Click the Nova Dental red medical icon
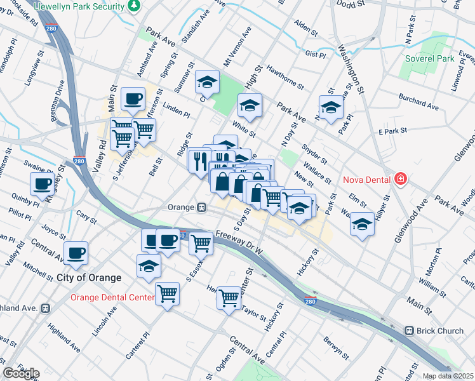[x=399, y=178]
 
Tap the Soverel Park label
[x=430, y=58]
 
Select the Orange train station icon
[x=201, y=207]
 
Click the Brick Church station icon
[x=410, y=331]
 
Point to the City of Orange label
[x=89, y=277]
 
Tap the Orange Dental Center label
[x=112, y=297]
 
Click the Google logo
[x=22, y=373]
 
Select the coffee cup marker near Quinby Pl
[x=43, y=184]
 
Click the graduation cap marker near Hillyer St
[x=362, y=224]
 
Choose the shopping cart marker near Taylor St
[x=229, y=297]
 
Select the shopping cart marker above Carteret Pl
[x=168, y=293]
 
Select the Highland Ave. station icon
[x=45, y=308]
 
